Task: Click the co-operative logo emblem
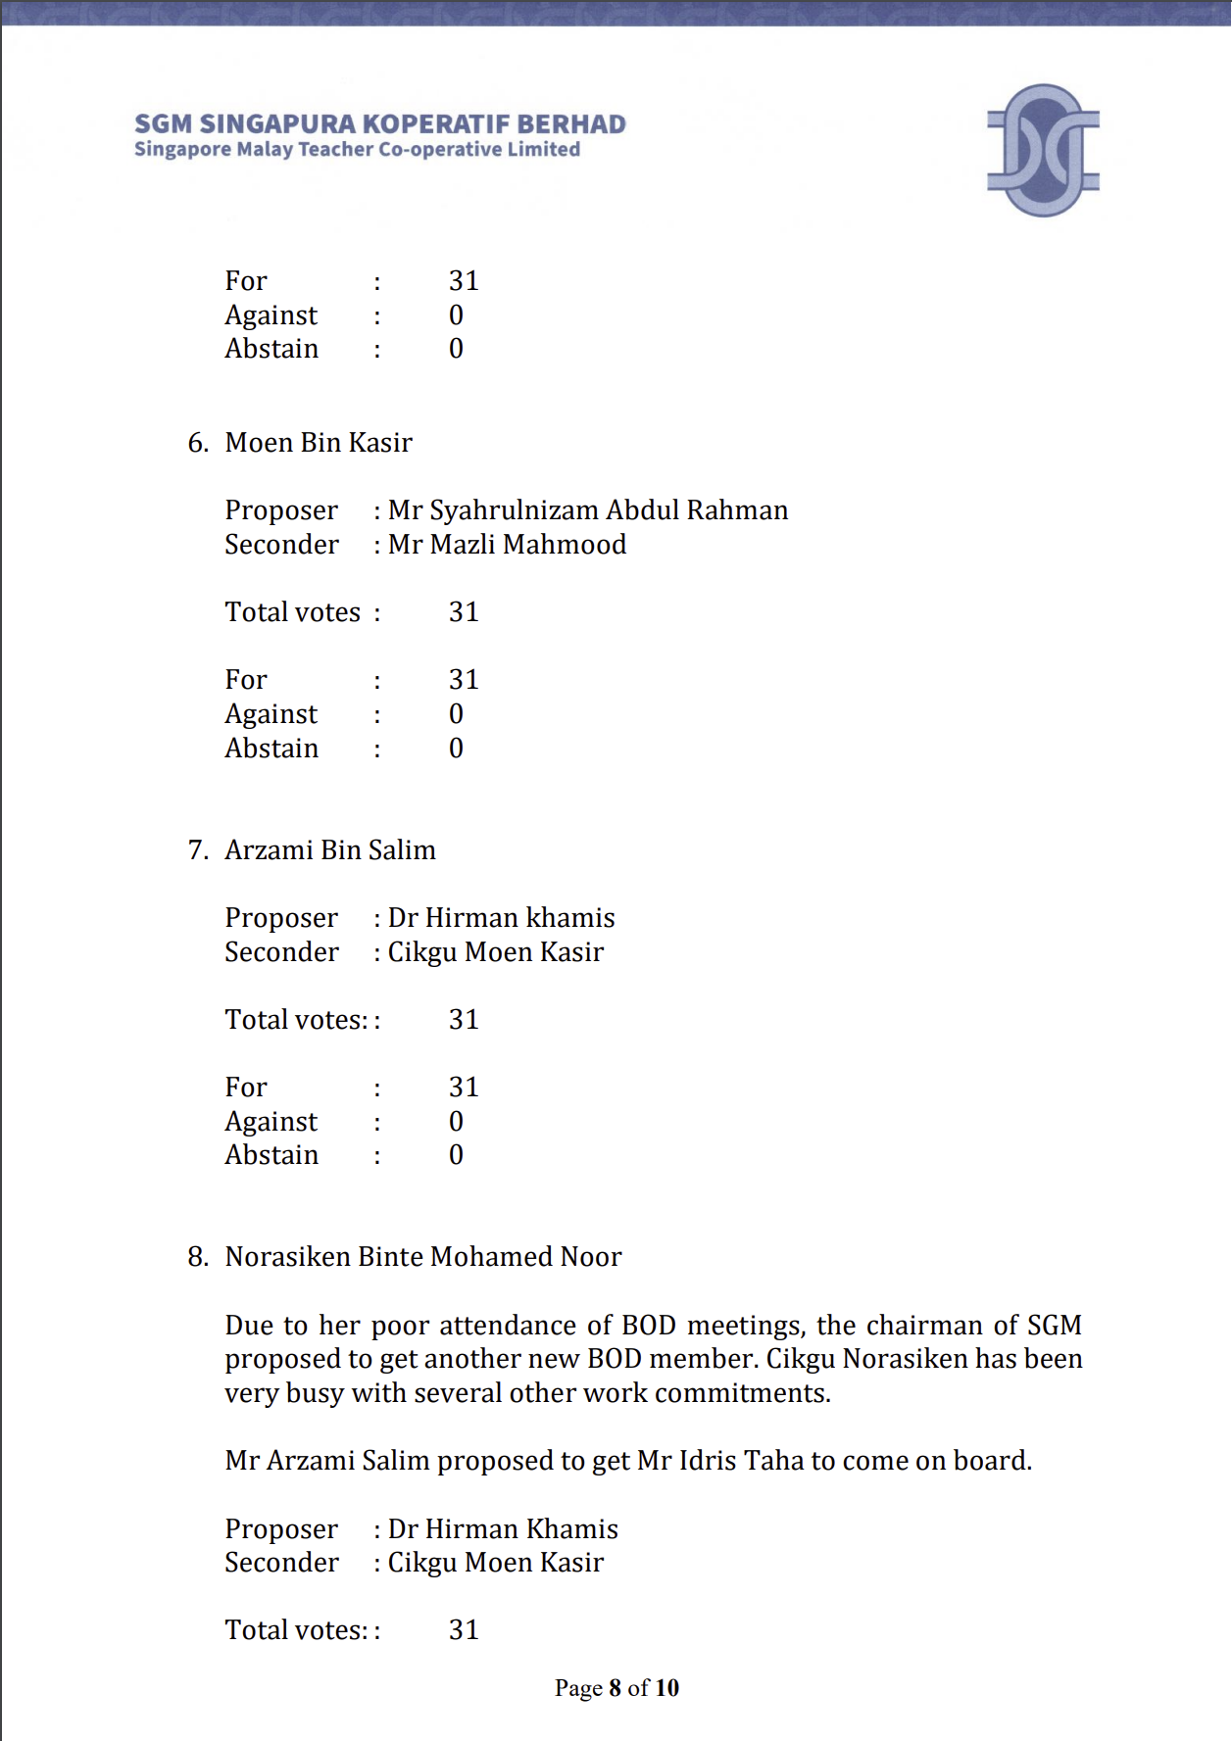[1043, 150]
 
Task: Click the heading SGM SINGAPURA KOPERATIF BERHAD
[379, 124]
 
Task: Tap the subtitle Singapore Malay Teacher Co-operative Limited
[357, 150]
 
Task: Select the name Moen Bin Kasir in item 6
[319, 443]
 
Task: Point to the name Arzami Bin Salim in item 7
[330, 850]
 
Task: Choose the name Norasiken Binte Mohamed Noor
[423, 1257]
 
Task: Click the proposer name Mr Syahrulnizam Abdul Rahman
[588, 510]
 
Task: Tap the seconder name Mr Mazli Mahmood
[507, 545]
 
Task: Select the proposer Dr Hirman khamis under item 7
[501, 918]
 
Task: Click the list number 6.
[197, 443]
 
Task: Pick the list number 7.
[197, 850]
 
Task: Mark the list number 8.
[197, 1257]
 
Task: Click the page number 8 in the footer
[616, 1688]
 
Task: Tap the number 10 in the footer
[667, 1688]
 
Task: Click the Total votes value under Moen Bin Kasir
[464, 612]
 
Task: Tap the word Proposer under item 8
[281, 1529]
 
